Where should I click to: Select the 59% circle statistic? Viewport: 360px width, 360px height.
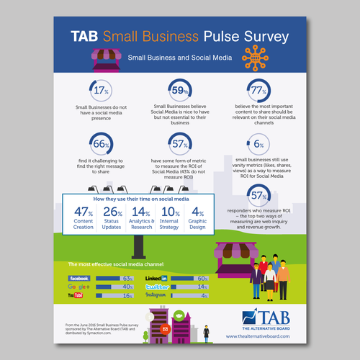click(x=179, y=91)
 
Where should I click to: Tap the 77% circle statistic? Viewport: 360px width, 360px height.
click(x=257, y=91)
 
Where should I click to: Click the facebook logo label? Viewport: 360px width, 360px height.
click(x=78, y=278)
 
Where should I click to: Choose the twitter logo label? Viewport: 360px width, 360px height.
click(x=157, y=287)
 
